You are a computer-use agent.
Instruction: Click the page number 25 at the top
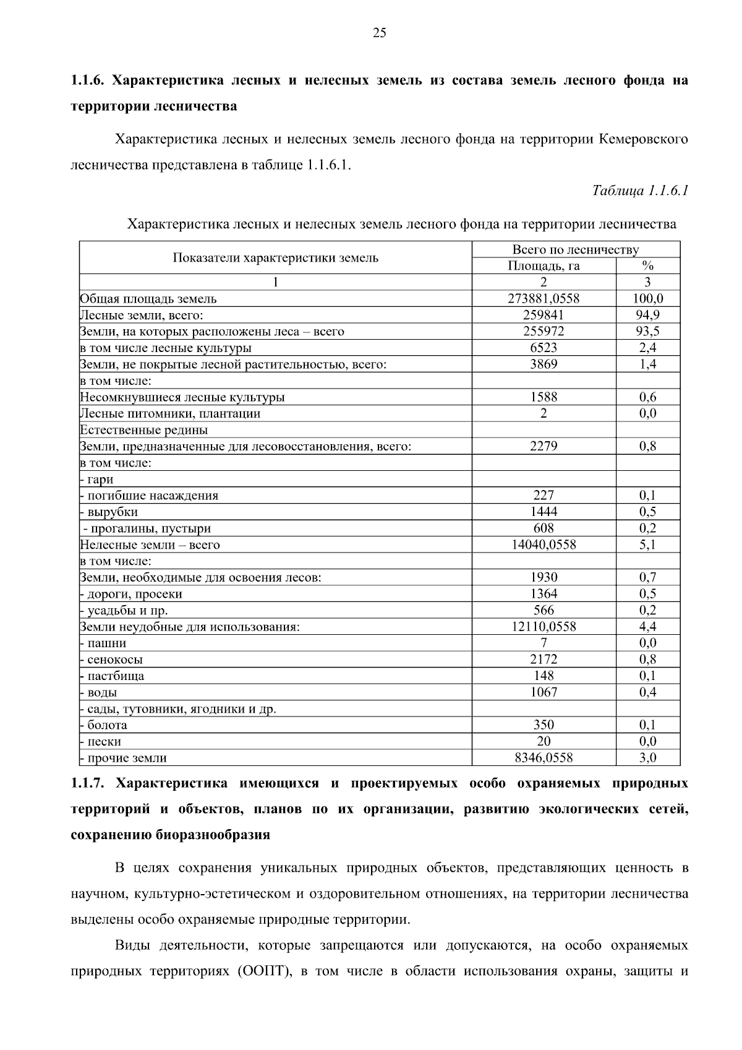(379, 33)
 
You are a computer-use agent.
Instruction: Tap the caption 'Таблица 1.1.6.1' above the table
(640, 191)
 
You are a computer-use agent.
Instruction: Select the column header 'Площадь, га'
(544, 266)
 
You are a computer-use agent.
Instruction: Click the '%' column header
(647, 266)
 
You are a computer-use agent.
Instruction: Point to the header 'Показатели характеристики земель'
(275, 258)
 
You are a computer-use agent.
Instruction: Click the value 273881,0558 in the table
(544, 299)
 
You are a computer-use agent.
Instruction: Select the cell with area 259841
(544, 315)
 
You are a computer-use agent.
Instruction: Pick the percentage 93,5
(647, 332)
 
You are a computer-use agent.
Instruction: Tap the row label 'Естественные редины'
(144, 430)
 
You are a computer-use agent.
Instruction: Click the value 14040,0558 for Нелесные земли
(544, 544)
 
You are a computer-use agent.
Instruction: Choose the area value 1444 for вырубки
(544, 512)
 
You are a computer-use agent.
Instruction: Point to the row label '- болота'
(105, 725)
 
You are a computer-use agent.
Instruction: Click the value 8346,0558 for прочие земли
(544, 758)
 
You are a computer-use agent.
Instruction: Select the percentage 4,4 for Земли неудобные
(647, 627)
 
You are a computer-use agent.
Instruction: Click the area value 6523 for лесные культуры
(544, 348)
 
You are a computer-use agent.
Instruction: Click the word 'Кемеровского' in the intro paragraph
(643, 139)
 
